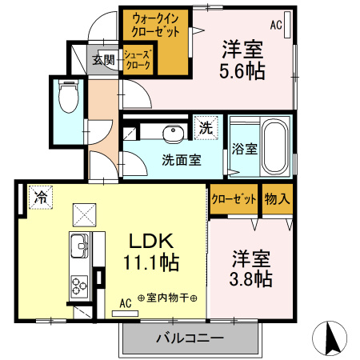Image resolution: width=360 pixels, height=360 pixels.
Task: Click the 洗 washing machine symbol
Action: (206, 126)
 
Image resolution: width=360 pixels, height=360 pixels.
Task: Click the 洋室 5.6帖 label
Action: (244, 59)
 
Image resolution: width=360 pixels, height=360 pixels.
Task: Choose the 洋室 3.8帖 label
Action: (252, 269)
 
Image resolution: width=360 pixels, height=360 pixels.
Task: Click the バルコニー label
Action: (190, 338)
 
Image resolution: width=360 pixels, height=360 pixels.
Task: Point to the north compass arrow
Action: (333, 338)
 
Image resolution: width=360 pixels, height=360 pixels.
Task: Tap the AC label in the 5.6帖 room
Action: (276, 25)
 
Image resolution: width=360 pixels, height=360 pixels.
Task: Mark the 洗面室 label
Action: (182, 159)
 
